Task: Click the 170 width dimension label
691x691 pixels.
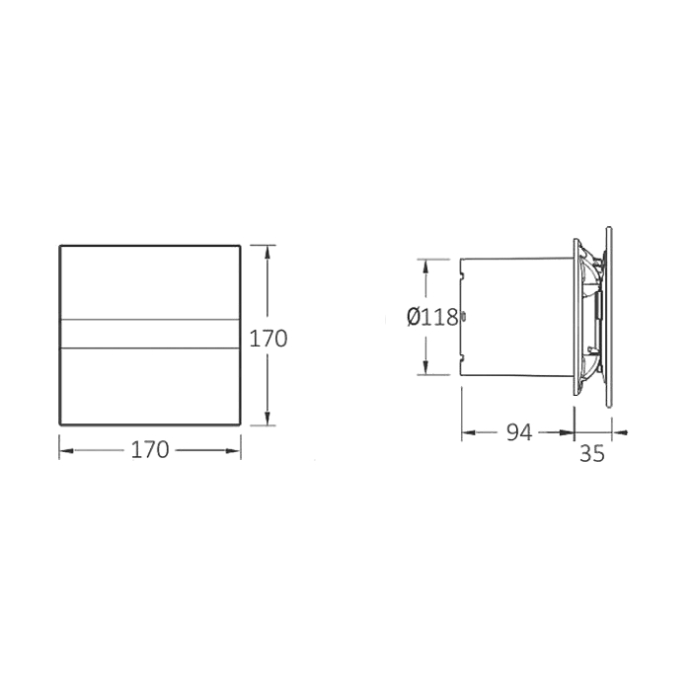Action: pyautogui.click(x=150, y=450)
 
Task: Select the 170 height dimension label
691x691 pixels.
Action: pyautogui.click(x=269, y=339)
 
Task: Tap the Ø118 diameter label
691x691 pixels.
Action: pyautogui.click(x=432, y=317)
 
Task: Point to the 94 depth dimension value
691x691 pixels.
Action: pyautogui.click(x=519, y=432)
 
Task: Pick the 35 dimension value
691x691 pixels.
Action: pyautogui.click(x=592, y=453)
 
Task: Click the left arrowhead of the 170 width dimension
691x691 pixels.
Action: pyautogui.click(x=66, y=450)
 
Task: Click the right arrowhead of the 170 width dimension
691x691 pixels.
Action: pyautogui.click(x=233, y=450)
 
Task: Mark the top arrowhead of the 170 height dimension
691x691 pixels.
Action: pyautogui.click(x=267, y=253)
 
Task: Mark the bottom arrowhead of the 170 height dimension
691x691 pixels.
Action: pyautogui.click(x=267, y=418)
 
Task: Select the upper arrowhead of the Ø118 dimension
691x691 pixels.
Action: pyautogui.click(x=425, y=267)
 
